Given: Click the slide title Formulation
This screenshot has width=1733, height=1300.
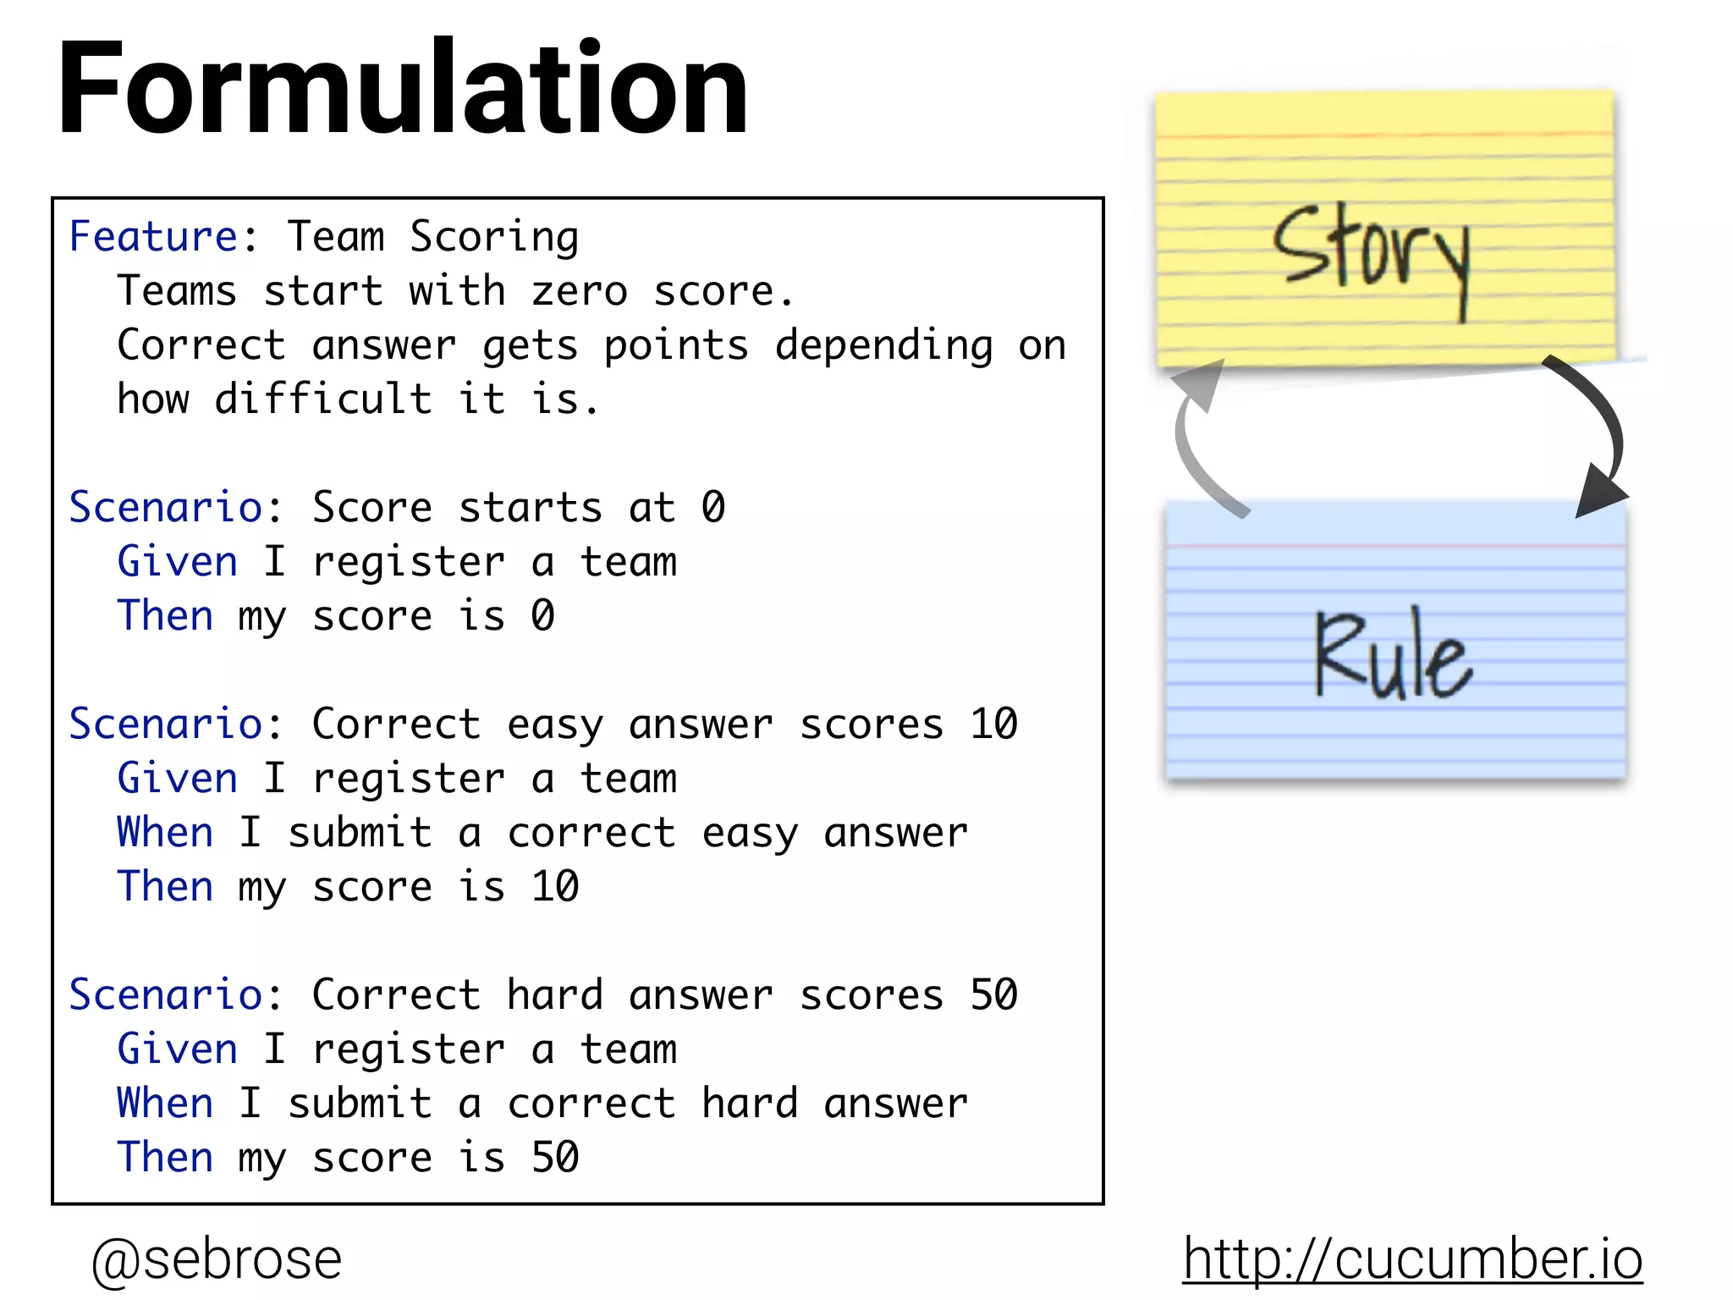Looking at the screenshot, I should pyautogui.click(x=403, y=90).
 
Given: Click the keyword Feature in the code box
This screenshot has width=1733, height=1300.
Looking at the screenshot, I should pyautogui.click(x=153, y=236).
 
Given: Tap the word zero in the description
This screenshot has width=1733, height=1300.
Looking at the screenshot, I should pyautogui.click(x=580, y=291).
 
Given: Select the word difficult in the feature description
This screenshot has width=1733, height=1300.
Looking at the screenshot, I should pyautogui.click(x=323, y=399).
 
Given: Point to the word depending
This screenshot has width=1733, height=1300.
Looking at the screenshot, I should pyautogui.click(x=884, y=345).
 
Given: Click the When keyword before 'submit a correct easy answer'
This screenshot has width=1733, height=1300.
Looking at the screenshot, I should pyautogui.click(x=165, y=833).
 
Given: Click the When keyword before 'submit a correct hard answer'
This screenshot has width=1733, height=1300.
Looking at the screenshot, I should pyautogui.click(x=165, y=1104).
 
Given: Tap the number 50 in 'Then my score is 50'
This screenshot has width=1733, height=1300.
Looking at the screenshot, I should pyautogui.click(x=555, y=1158).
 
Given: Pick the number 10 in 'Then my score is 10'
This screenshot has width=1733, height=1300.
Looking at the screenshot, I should pyautogui.click(x=555, y=887).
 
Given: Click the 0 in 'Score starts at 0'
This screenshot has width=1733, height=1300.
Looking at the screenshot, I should pyautogui.click(x=713, y=508).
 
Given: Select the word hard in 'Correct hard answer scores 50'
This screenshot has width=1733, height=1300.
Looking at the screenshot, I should pyautogui.click(x=555, y=995).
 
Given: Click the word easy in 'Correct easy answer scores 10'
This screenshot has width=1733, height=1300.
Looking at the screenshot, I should pyautogui.click(x=555, y=724).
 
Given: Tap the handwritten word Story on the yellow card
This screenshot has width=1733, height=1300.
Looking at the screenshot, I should pyautogui.click(x=1371, y=254).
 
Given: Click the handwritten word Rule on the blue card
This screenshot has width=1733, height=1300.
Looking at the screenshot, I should pyautogui.click(x=1392, y=656).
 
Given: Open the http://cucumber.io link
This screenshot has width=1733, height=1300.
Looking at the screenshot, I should pyautogui.click(x=1412, y=1259).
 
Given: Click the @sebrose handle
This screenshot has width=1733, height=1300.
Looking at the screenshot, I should pyautogui.click(x=217, y=1259).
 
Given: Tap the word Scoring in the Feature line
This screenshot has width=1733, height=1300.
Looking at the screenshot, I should pyautogui.click(x=494, y=237).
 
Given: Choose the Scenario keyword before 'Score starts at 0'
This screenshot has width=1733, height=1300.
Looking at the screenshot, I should pyautogui.click(x=165, y=508).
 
